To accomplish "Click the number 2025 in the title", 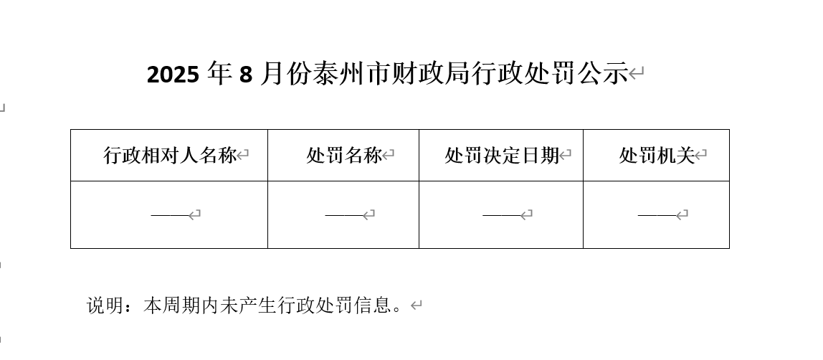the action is click(173, 75).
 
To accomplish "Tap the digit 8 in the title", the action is click(246, 75).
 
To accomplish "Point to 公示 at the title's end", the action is click(602, 73).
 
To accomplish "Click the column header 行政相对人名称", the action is click(169, 156).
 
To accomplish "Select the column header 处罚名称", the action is click(344, 156).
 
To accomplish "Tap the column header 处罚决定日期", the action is click(502, 156).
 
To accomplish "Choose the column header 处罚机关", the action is click(657, 156).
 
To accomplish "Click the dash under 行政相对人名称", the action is click(170, 214).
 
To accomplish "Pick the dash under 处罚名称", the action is click(344, 214).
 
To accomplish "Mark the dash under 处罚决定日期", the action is click(502, 214).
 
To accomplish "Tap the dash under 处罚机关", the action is click(657, 214).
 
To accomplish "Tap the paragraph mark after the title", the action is click(636, 73).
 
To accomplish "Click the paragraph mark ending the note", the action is click(417, 305).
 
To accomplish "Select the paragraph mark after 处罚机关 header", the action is click(700, 155).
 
